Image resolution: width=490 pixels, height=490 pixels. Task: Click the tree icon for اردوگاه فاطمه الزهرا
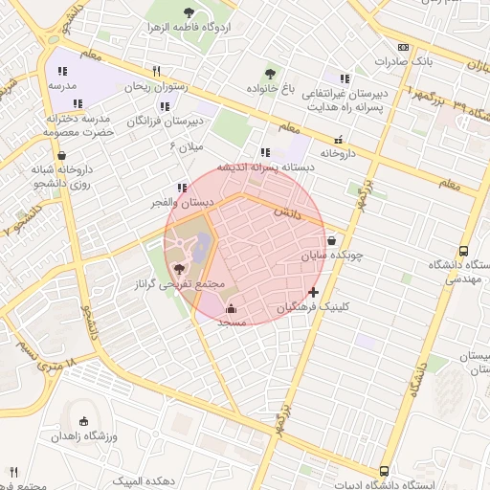tap(188, 12)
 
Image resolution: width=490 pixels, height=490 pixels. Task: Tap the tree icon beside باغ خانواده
tap(270, 74)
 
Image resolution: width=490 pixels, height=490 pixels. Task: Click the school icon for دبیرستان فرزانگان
tap(165, 106)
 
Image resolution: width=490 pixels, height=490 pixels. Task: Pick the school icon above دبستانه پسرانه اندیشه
tap(264, 152)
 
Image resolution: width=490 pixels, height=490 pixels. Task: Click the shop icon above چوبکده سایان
tap(331, 241)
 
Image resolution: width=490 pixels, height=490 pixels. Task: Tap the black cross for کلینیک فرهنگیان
tap(313, 292)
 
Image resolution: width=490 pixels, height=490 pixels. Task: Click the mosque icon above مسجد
tap(231, 308)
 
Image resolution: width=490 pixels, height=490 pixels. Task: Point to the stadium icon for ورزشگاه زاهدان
tap(83, 421)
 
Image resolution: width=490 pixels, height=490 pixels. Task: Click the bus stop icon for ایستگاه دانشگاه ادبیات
tap(384, 471)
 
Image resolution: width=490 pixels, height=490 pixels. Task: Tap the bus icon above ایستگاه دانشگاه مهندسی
tap(463, 249)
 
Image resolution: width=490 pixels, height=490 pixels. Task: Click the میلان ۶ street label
tap(187, 145)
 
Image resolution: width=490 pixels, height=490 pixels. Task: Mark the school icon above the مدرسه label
tap(62, 71)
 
